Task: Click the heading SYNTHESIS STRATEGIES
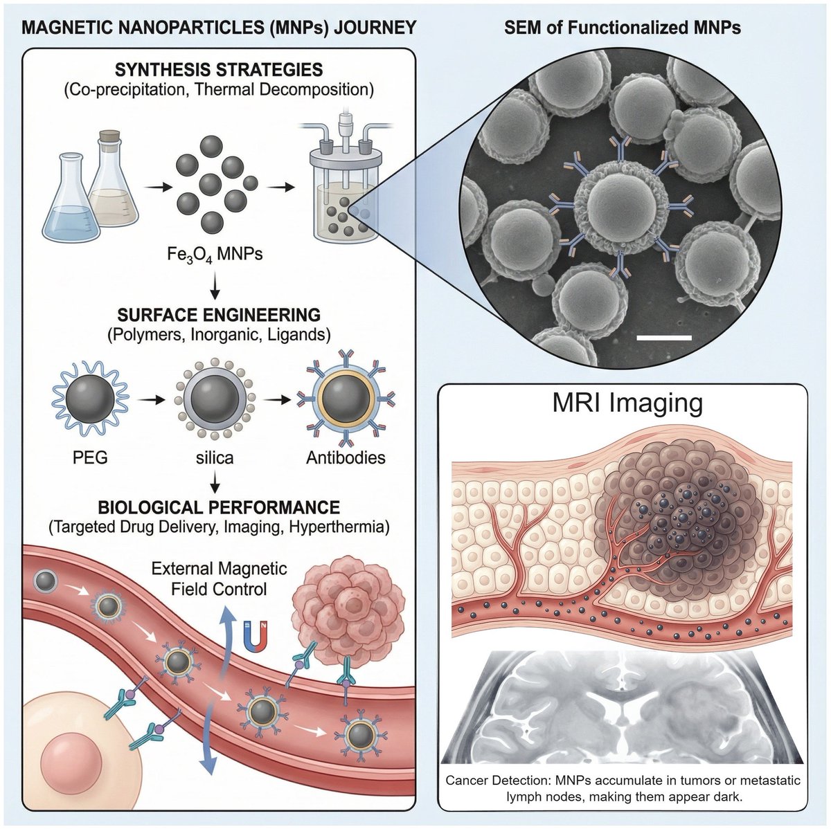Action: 218,70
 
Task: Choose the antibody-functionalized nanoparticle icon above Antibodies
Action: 346,399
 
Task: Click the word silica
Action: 214,457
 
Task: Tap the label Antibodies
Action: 346,457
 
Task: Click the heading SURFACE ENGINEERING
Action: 219,315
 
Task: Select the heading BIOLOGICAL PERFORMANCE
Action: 219,507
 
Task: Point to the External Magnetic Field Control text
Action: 219,579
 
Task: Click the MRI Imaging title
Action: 627,403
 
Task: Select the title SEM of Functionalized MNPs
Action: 622,28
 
